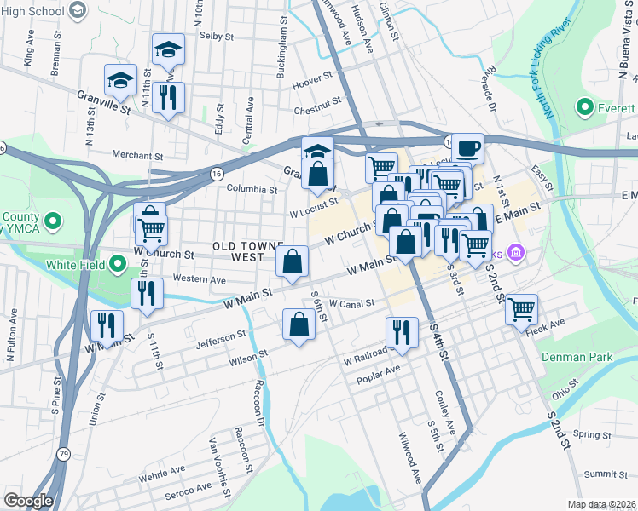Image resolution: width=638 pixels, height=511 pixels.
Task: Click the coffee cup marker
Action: (467, 148)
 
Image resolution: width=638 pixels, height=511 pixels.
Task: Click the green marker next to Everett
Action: (584, 108)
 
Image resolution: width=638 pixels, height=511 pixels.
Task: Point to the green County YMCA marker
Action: (53, 223)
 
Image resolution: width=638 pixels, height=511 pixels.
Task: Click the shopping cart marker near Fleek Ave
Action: (521, 308)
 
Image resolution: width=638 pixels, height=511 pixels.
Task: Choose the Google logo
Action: (28, 500)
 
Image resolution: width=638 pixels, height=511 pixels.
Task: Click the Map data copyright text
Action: (602, 504)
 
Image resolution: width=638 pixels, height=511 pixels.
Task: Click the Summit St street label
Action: (606, 474)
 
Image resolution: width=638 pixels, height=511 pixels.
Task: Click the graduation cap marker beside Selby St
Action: (168, 49)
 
